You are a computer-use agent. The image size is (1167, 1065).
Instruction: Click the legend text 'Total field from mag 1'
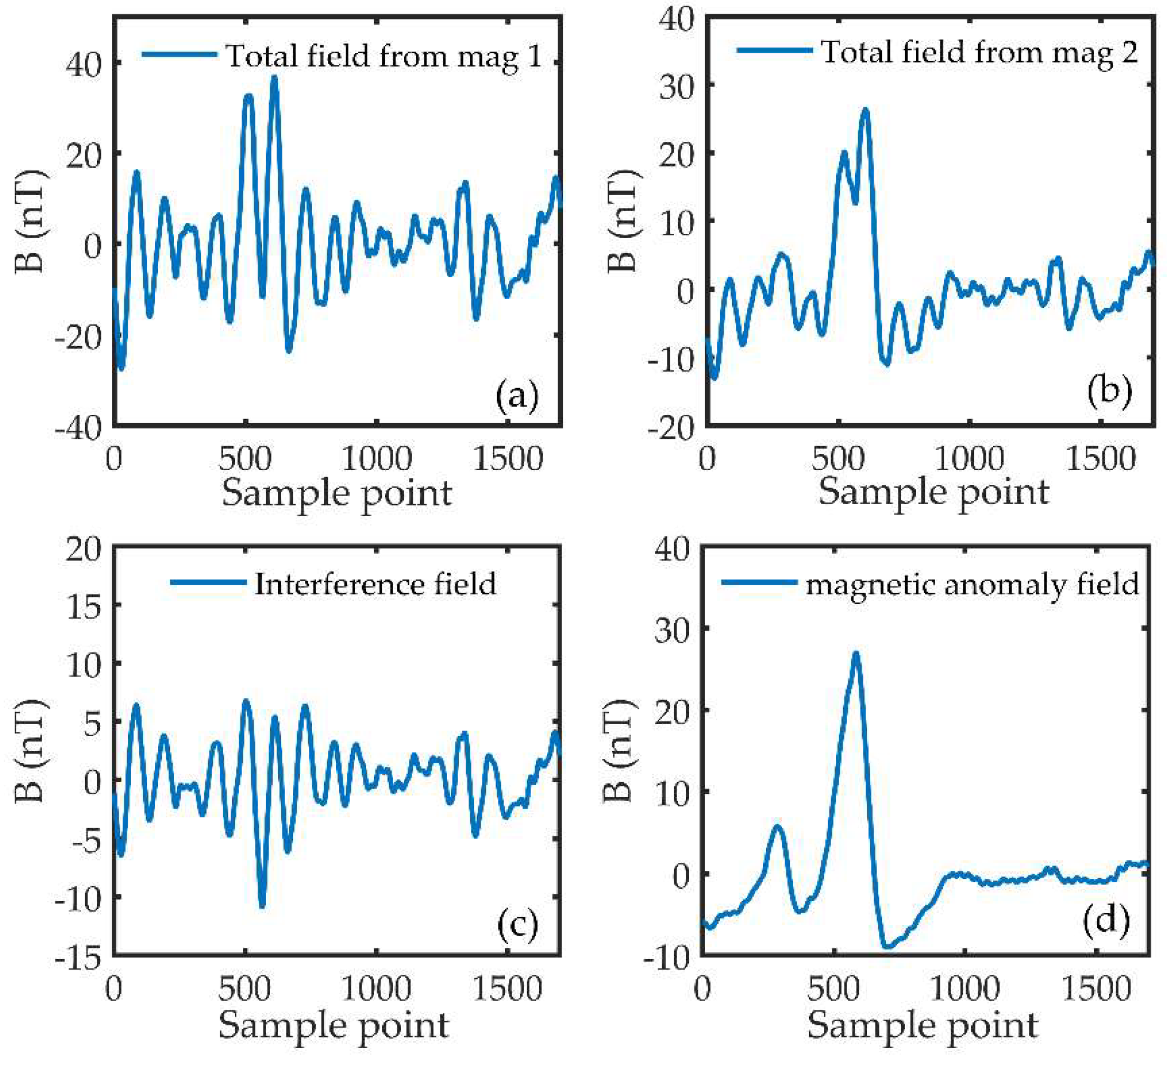pos(384,56)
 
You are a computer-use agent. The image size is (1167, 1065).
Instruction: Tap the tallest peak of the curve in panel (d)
pos(856,654)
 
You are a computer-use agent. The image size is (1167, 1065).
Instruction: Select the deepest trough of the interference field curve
pos(262,905)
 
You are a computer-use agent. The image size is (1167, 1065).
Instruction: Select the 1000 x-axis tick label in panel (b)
pos(969,459)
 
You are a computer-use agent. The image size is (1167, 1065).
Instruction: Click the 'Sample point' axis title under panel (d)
pos(923,1025)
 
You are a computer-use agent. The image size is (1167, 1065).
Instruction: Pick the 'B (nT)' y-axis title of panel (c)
pos(30,750)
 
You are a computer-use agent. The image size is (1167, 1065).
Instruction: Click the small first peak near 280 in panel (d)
pos(777,826)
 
